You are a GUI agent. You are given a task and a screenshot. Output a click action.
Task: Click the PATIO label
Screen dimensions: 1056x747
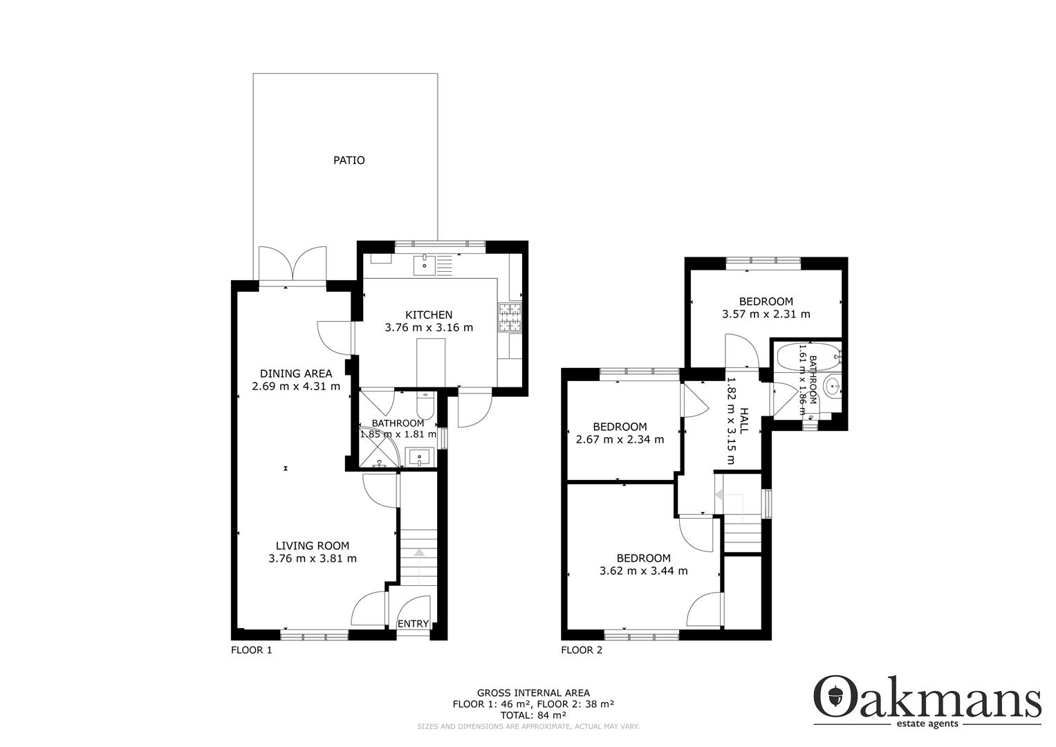pos(349,160)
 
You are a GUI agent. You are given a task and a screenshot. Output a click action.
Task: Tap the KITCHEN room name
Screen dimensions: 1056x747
pos(429,315)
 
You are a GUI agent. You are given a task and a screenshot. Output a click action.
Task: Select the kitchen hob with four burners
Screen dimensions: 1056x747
pos(510,317)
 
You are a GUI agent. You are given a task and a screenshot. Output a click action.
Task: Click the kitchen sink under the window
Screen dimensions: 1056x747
pos(425,265)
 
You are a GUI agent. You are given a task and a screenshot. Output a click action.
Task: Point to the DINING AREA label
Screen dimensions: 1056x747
pos(296,373)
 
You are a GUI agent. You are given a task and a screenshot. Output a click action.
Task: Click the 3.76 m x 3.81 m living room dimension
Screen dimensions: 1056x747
pos(313,559)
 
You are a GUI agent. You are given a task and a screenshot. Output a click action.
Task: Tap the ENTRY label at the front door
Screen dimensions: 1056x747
pos(413,623)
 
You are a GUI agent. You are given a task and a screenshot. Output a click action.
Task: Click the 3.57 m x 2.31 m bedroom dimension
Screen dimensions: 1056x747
pos(766,314)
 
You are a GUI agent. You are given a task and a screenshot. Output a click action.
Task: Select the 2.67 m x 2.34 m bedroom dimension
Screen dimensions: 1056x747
pos(620,439)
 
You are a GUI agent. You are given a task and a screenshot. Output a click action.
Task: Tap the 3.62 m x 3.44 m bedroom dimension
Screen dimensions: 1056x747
pos(644,571)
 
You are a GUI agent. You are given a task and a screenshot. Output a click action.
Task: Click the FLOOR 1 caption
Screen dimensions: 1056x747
pos(251,650)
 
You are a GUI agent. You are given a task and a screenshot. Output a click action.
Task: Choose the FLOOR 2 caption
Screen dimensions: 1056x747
pos(582,650)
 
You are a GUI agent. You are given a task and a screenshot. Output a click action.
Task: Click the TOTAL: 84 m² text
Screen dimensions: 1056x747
pos(533,715)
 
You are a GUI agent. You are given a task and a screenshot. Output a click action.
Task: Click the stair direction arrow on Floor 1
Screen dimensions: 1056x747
pos(418,553)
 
